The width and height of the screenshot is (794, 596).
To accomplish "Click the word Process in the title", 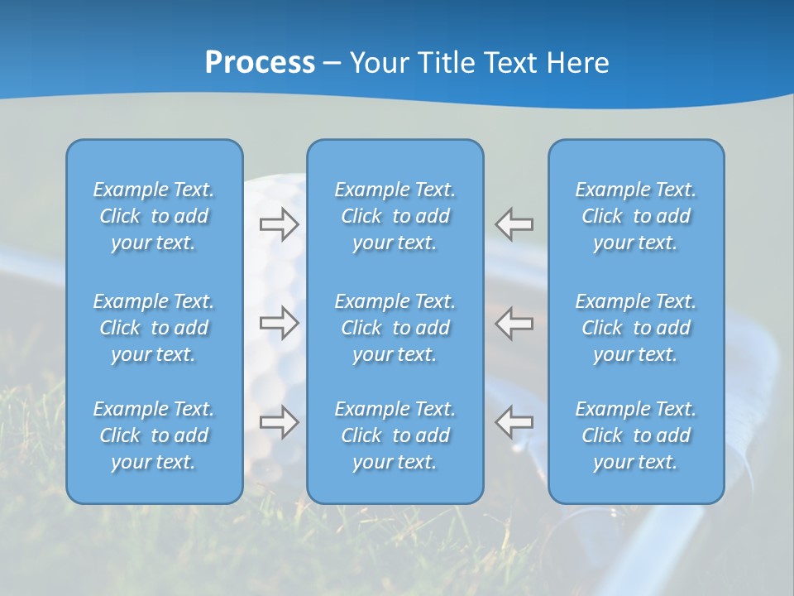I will [x=260, y=63].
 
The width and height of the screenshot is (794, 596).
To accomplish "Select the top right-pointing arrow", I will [x=279, y=224].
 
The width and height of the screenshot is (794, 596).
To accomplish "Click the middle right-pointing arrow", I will [x=279, y=323].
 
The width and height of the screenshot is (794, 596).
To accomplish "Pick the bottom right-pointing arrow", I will [x=279, y=422].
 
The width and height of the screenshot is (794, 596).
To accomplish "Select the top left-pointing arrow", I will [x=514, y=224].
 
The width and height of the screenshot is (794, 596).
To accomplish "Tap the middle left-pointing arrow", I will [x=514, y=323].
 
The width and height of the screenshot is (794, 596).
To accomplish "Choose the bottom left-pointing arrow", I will [x=514, y=422].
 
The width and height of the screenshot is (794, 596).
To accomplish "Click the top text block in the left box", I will [x=154, y=216].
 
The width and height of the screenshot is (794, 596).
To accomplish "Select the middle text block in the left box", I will [x=154, y=328].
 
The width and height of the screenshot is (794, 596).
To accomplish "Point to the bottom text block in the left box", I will [x=154, y=435].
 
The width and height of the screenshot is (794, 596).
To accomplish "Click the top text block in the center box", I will [x=395, y=216].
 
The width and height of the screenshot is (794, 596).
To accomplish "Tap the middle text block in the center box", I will [x=395, y=328].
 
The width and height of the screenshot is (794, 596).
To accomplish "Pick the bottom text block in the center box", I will [x=395, y=435].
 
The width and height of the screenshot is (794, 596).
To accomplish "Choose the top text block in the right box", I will [x=636, y=216].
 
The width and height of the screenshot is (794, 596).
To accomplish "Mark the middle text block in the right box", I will [x=636, y=328].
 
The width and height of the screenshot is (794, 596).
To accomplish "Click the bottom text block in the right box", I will [x=636, y=435].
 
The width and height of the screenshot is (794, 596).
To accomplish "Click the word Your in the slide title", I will [x=377, y=63].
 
